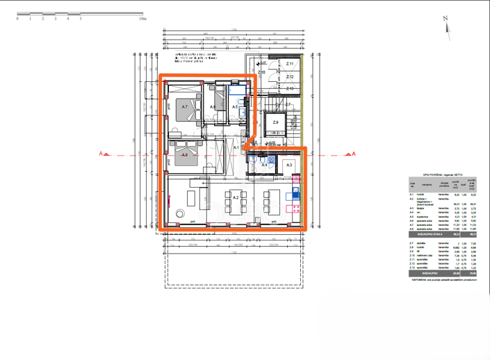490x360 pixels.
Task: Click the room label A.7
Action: (185, 107)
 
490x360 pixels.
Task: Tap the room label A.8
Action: (185, 155)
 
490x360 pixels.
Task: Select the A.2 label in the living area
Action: (236, 198)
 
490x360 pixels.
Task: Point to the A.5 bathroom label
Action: (236, 107)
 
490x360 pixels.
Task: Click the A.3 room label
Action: (289, 165)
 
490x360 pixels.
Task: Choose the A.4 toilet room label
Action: (264, 165)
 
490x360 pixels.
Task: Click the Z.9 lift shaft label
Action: (275, 123)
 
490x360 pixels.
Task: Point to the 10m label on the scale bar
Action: (142, 19)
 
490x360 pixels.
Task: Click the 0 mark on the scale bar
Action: (17, 19)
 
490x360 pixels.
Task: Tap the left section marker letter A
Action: (101, 154)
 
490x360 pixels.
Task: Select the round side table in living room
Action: (181, 213)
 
